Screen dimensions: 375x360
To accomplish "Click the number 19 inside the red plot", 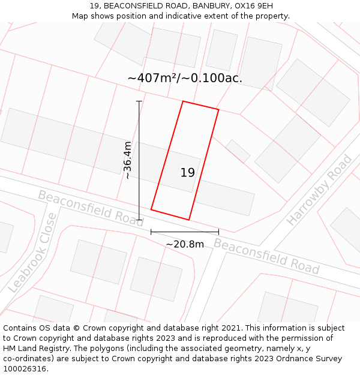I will (187, 173).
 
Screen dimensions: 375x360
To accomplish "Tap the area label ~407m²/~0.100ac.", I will (185, 78).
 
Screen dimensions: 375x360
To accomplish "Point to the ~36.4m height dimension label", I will (128, 160).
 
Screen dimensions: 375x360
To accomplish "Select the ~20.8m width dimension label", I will (185, 244).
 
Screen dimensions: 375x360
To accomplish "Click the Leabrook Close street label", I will (34, 253).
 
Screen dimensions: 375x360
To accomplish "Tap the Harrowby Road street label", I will (320, 190).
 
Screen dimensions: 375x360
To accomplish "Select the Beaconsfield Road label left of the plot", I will (91, 208).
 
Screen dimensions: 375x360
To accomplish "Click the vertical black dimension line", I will (139, 160).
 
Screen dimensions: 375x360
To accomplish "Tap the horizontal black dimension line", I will (185, 232).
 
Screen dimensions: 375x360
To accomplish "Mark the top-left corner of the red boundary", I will (183, 101).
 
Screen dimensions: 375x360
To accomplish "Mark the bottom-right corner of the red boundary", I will (189, 220).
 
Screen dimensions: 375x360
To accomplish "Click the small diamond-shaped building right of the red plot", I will (238, 151).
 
